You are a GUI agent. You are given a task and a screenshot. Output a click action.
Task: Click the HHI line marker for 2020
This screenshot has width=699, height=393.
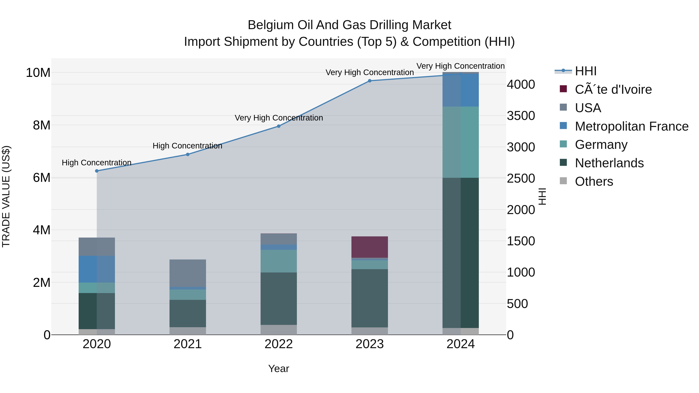[97, 171]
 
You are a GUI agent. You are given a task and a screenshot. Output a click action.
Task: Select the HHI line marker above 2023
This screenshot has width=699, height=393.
[369, 81]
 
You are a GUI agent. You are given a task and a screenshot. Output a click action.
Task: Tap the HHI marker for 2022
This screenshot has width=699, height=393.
[279, 126]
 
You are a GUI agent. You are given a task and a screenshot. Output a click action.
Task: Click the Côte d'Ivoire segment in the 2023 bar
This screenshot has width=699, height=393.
[369, 247]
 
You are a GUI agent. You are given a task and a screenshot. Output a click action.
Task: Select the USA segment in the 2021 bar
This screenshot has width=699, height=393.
[188, 273]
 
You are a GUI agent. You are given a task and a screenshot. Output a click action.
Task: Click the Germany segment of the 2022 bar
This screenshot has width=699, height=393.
[279, 261]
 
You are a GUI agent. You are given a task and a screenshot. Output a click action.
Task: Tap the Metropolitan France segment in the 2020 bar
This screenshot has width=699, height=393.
[97, 269]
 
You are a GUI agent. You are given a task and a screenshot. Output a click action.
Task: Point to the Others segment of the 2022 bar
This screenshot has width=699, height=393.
[279, 330]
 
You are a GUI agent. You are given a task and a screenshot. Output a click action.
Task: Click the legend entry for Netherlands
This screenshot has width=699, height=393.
[609, 163]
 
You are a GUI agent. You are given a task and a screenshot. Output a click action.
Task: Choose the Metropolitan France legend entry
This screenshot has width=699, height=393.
[631, 126]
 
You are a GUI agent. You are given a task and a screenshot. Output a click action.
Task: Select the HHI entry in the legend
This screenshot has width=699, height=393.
[585, 71]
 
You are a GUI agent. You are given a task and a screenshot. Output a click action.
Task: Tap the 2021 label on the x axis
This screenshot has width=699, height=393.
[188, 344]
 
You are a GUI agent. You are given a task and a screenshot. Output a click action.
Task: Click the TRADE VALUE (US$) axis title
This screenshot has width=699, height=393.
[6, 196]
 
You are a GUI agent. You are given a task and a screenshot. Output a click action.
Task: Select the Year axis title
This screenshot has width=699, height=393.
[279, 369]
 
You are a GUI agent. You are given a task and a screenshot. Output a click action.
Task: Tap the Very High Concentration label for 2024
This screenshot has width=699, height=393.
[461, 66]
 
